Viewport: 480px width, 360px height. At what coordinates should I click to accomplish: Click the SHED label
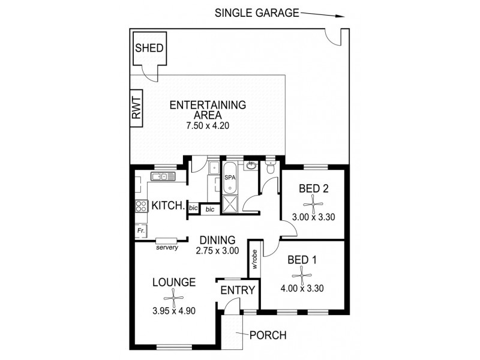[x=148, y=48]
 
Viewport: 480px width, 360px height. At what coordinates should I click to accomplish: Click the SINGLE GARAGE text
[x=256, y=13]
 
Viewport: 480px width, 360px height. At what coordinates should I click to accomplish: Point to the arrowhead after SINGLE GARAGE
[x=341, y=16]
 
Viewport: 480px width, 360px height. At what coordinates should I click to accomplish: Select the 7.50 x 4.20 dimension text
[x=208, y=126]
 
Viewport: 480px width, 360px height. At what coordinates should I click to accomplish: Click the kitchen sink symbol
[x=163, y=176]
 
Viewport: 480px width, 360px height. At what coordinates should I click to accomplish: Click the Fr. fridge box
[x=140, y=230]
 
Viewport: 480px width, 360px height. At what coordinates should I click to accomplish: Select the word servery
[x=167, y=247]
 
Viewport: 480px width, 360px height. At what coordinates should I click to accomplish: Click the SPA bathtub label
[x=230, y=178]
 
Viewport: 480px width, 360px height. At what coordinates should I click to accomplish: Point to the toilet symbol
[x=270, y=170]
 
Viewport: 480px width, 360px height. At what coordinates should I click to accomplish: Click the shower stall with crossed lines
[x=230, y=205]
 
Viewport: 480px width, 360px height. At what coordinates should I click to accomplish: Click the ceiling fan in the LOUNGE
[x=173, y=297]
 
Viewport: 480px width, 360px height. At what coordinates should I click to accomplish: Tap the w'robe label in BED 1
[x=255, y=260]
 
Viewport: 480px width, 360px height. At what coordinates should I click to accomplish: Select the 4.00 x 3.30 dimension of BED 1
[x=302, y=288]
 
